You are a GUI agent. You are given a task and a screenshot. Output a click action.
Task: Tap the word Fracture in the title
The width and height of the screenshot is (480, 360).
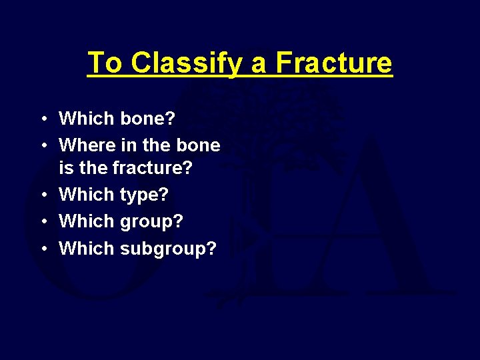(333, 63)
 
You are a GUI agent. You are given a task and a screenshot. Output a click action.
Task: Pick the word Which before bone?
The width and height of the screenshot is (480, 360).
(87, 119)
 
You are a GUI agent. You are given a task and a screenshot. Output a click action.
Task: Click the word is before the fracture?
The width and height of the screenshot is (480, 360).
(66, 169)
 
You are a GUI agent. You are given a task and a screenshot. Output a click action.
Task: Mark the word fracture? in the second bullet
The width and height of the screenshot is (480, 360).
(153, 169)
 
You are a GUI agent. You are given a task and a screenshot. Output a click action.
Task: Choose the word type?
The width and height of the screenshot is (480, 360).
(145, 195)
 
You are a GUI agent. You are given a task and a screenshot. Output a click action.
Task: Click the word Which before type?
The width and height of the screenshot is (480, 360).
(87, 195)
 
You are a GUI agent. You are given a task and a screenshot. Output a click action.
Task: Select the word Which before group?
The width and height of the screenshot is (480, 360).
(87, 221)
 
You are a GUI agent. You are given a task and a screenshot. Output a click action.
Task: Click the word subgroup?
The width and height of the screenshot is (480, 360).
(169, 249)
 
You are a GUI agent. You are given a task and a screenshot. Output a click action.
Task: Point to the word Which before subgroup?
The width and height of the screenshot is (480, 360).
(87, 248)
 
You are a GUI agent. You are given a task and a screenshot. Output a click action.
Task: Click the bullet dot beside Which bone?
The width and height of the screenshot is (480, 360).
(43, 119)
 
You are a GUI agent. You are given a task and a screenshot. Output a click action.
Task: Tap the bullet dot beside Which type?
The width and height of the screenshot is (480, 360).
(43, 195)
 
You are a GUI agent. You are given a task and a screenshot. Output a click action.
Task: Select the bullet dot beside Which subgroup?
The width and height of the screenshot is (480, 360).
(43, 249)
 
